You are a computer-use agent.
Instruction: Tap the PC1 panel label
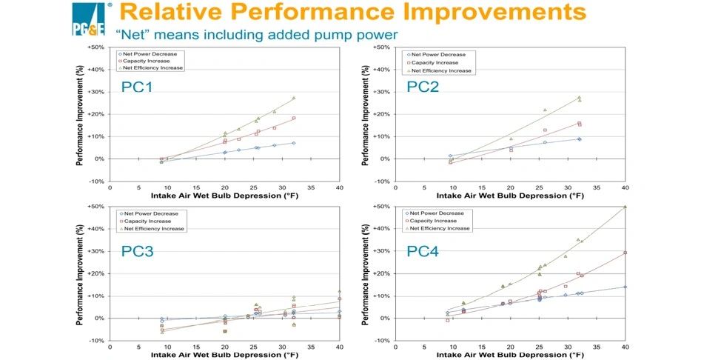[x=137, y=87]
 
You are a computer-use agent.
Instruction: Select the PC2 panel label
[x=422, y=87]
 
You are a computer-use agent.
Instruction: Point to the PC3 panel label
[x=137, y=252]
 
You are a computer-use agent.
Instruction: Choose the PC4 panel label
[x=422, y=252]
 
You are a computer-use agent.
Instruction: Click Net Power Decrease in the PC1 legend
[x=149, y=54]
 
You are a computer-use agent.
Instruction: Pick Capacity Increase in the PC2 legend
[x=435, y=62]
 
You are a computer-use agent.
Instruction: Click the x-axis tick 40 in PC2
[x=625, y=187]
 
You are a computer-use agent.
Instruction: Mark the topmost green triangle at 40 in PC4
[x=625, y=207]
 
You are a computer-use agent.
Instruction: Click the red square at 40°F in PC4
[x=625, y=253]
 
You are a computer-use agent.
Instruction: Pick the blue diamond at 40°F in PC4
[x=625, y=287]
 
